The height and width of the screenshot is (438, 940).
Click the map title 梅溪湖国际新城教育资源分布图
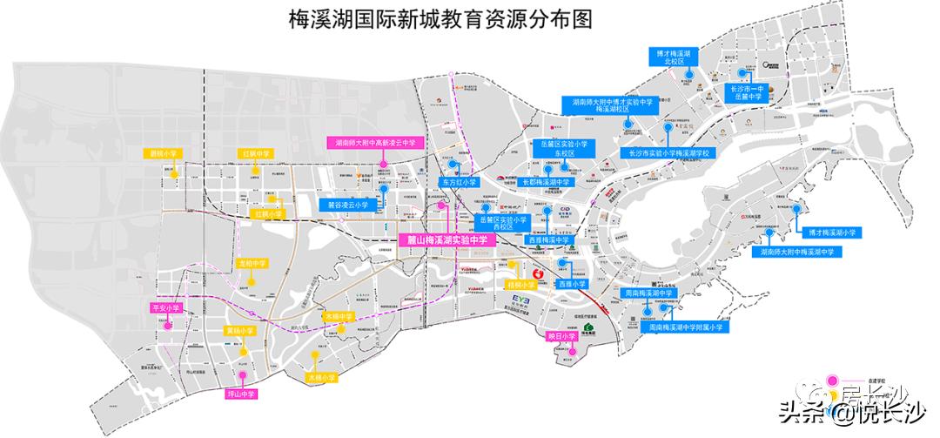(x=469, y=19)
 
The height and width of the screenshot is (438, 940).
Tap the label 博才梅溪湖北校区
(x=677, y=57)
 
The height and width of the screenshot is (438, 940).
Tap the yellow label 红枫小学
(x=268, y=213)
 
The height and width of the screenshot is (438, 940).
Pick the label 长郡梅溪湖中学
(x=546, y=183)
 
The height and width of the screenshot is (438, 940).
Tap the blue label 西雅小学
(x=573, y=284)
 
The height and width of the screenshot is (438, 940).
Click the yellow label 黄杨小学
(x=240, y=331)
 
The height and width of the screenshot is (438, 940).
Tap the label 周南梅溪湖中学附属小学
(x=684, y=328)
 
